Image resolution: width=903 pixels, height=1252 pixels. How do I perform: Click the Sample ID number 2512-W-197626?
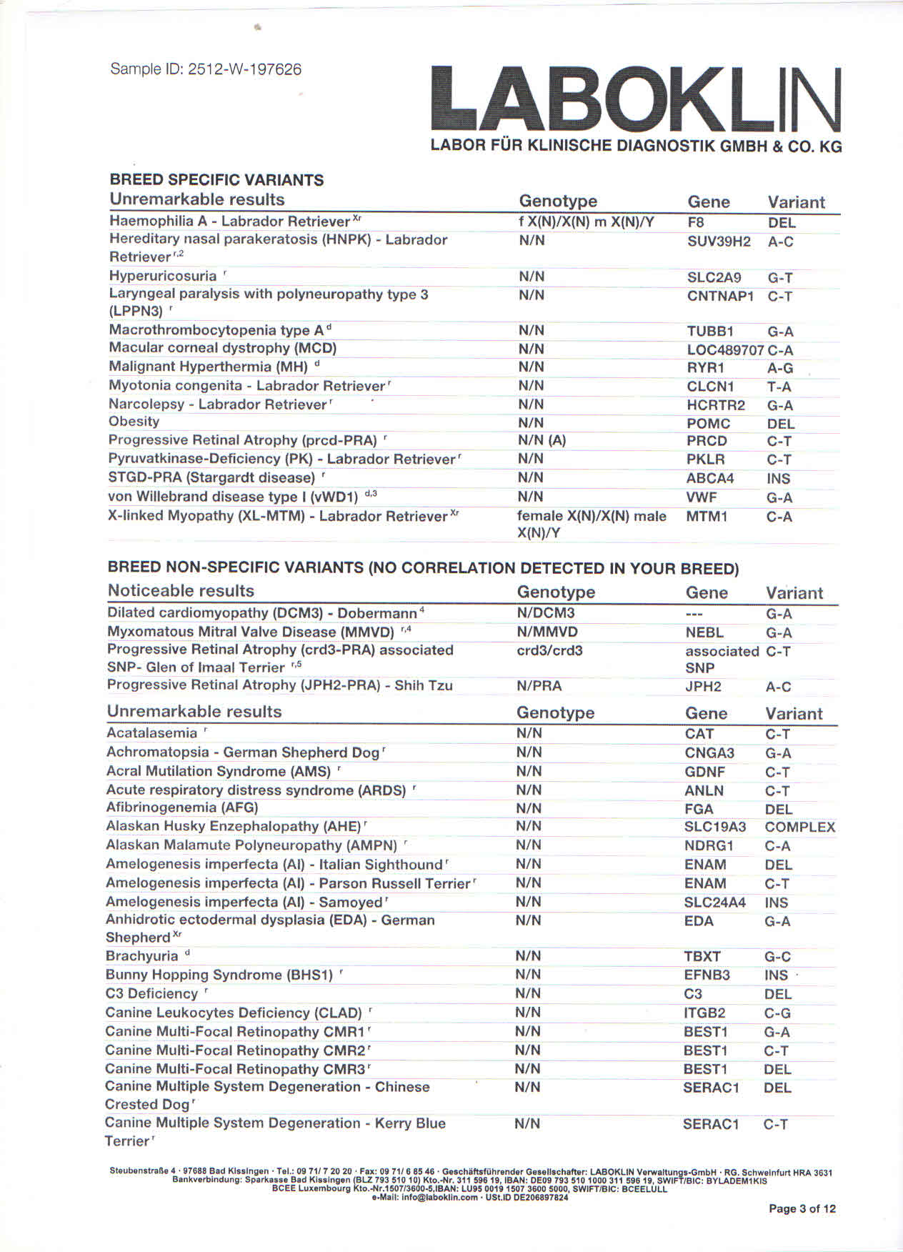[x=244, y=69]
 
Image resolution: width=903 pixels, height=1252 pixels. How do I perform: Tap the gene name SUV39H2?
[x=719, y=242]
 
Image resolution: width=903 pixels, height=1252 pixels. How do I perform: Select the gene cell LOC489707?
[x=725, y=350]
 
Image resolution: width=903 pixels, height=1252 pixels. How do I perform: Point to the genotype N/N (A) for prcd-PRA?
[x=542, y=440]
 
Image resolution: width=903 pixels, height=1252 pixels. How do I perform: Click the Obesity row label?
[x=134, y=422]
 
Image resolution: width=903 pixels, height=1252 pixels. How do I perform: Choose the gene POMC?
[x=708, y=424]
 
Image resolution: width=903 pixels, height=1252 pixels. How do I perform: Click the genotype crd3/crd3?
[x=549, y=650]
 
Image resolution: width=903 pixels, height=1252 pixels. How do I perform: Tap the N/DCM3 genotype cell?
[x=545, y=613]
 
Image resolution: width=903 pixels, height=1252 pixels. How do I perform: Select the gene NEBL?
[x=704, y=632]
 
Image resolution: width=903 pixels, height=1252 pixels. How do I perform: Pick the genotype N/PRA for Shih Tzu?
[x=539, y=686]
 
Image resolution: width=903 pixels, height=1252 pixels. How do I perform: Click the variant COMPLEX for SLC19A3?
[x=799, y=828]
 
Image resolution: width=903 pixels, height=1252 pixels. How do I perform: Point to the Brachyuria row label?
[x=142, y=956]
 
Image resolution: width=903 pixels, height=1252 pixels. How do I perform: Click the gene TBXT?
[x=702, y=957]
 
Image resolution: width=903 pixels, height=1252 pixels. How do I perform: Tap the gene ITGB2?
[x=704, y=1013]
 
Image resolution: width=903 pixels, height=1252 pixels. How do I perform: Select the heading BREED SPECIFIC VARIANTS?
[x=216, y=180]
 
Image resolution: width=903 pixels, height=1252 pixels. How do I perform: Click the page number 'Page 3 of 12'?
[x=802, y=1208]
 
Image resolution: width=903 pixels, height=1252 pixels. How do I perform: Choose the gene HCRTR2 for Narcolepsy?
[x=715, y=405]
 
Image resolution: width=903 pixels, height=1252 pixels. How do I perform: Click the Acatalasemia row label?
[x=151, y=733]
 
